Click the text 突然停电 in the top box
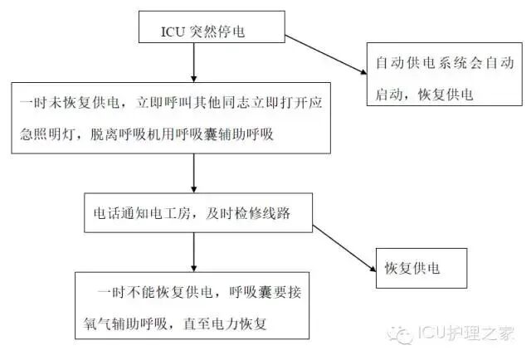217,32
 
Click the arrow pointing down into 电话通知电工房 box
193,175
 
